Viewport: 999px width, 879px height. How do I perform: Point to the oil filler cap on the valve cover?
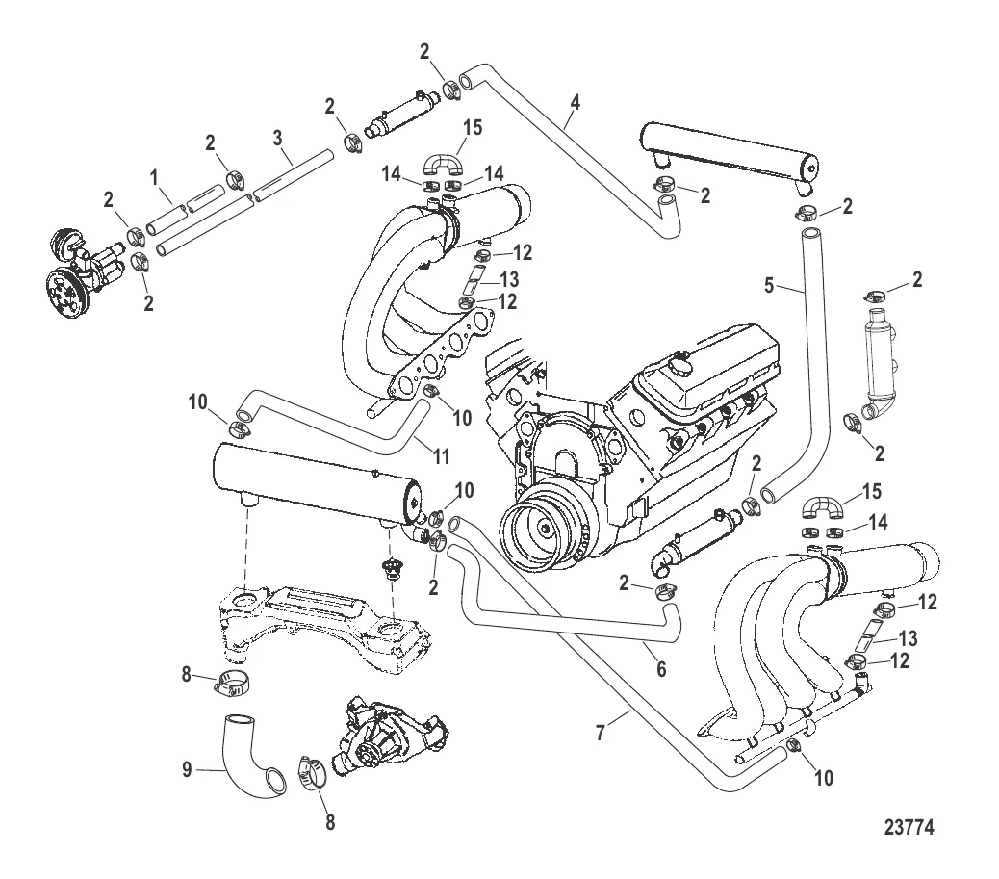coord(682,367)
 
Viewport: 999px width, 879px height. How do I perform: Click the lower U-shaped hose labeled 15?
coord(823,506)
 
